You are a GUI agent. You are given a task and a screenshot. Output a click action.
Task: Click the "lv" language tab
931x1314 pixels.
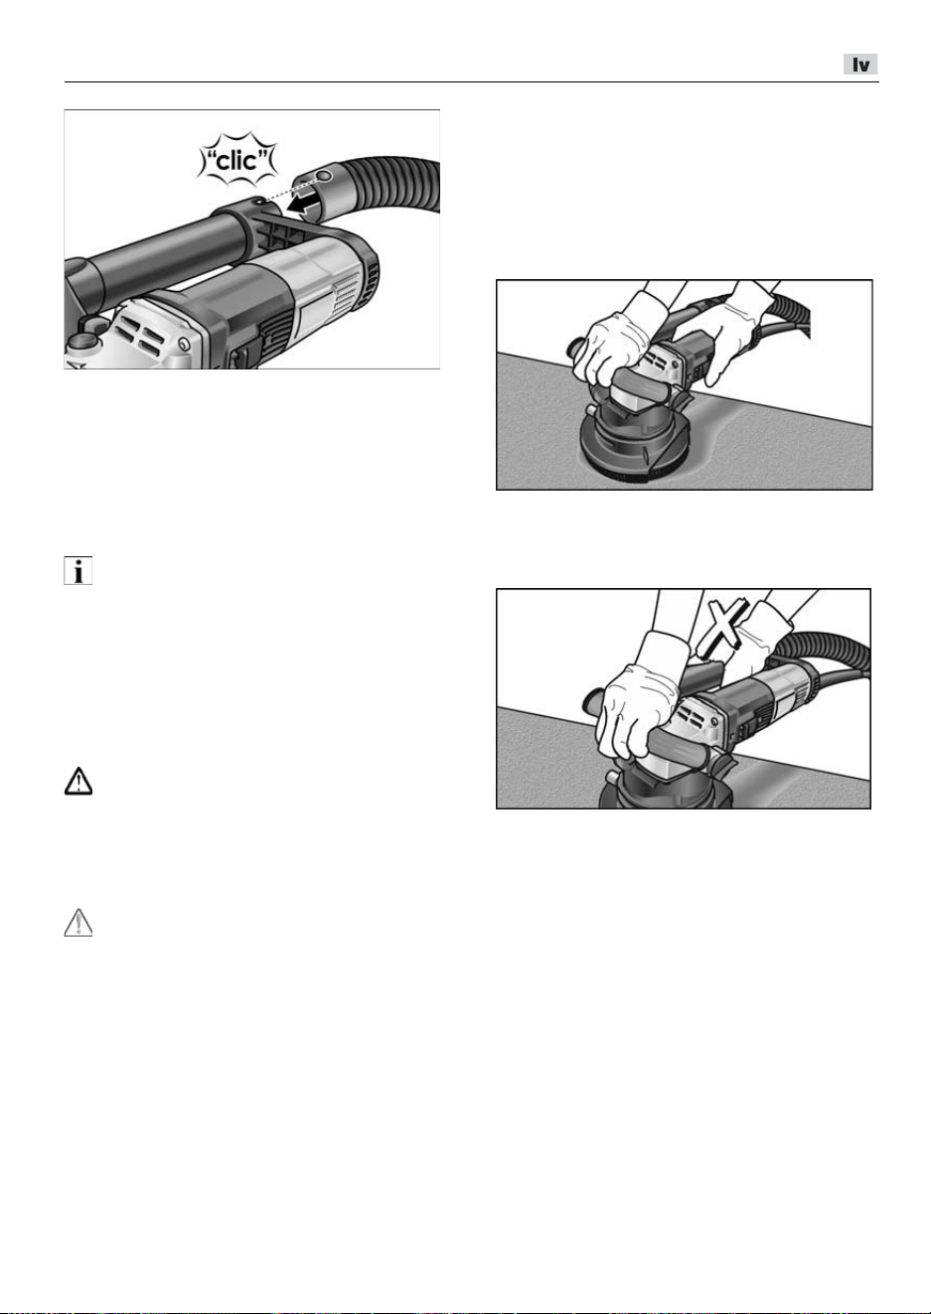pyautogui.click(x=860, y=64)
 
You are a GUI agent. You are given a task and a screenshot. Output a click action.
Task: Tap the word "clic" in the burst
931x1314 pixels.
pyautogui.click(x=237, y=160)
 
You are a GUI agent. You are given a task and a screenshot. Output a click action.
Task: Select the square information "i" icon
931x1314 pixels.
pyautogui.click(x=78, y=571)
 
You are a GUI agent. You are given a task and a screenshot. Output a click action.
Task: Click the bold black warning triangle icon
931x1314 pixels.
pyautogui.click(x=78, y=782)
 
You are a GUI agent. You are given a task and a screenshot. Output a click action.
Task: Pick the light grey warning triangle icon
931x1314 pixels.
pyautogui.click(x=78, y=923)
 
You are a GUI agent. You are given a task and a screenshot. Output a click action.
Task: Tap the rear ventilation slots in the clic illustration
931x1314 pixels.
pyautogui.click(x=347, y=293)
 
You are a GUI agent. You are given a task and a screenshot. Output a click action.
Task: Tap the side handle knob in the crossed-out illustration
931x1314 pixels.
pyautogui.click(x=593, y=700)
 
